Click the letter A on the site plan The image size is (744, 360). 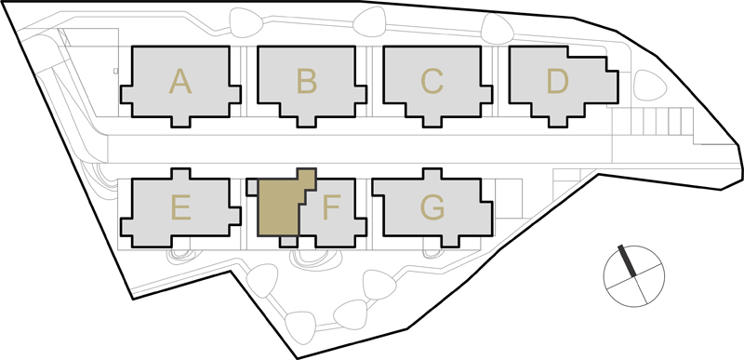[180, 81]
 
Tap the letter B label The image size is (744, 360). [307, 81]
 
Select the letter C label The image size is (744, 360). [432, 81]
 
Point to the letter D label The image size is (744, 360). [558, 81]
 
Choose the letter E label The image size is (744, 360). [181, 207]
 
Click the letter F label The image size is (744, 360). [332, 207]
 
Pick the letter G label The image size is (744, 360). [432, 207]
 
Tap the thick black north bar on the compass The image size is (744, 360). [627, 260]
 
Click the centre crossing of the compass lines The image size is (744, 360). [634, 276]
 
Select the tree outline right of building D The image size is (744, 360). [650, 86]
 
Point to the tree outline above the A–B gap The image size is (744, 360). [246, 22]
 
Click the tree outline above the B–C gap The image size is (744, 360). [369, 21]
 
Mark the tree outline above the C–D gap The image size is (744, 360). [497, 29]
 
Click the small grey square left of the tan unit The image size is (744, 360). [252, 187]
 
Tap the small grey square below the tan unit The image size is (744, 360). [288, 242]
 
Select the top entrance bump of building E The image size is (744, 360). [180, 174]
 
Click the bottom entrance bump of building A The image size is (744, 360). [180, 122]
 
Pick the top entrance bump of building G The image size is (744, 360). [432, 174]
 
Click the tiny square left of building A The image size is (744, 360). [115, 71]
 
